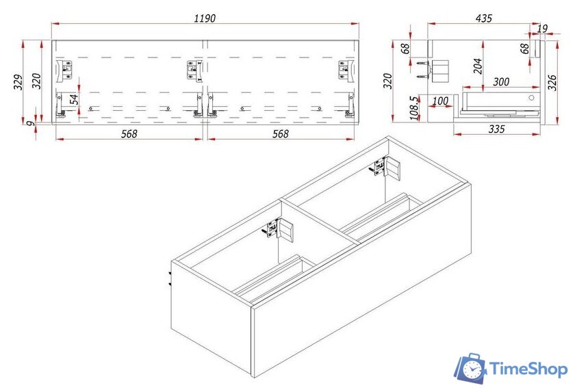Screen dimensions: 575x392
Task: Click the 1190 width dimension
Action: (x=205, y=18)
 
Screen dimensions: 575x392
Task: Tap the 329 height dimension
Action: (x=18, y=82)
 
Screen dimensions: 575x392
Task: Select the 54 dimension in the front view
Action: (x=74, y=99)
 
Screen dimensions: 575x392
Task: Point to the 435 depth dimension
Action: (x=484, y=18)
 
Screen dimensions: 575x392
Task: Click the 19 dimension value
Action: (x=542, y=28)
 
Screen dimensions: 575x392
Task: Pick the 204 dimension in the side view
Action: (x=478, y=66)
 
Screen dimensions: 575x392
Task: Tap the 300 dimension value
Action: (x=501, y=81)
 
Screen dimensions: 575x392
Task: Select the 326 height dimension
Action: (x=552, y=82)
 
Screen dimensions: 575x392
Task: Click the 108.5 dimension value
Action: (x=413, y=108)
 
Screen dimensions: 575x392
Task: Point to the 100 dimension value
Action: (x=440, y=101)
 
